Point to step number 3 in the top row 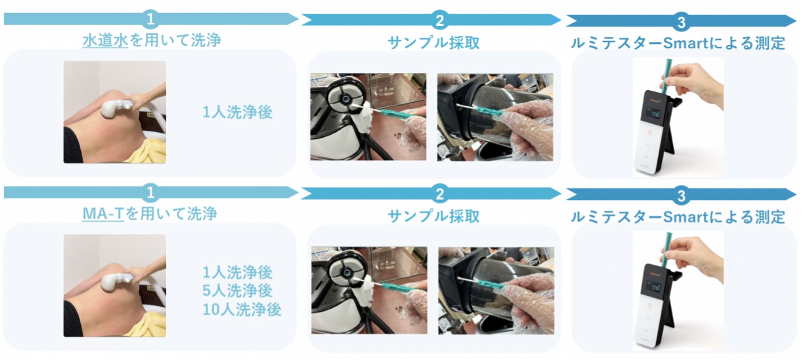(x=681, y=23)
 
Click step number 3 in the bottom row (x=681, y=196)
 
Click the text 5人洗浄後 (x=238, y=290)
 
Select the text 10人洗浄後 (x=242, y=309)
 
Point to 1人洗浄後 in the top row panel (x=238, y=112)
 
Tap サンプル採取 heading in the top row (x=433, y=42)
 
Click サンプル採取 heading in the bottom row (x=433, y=216)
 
